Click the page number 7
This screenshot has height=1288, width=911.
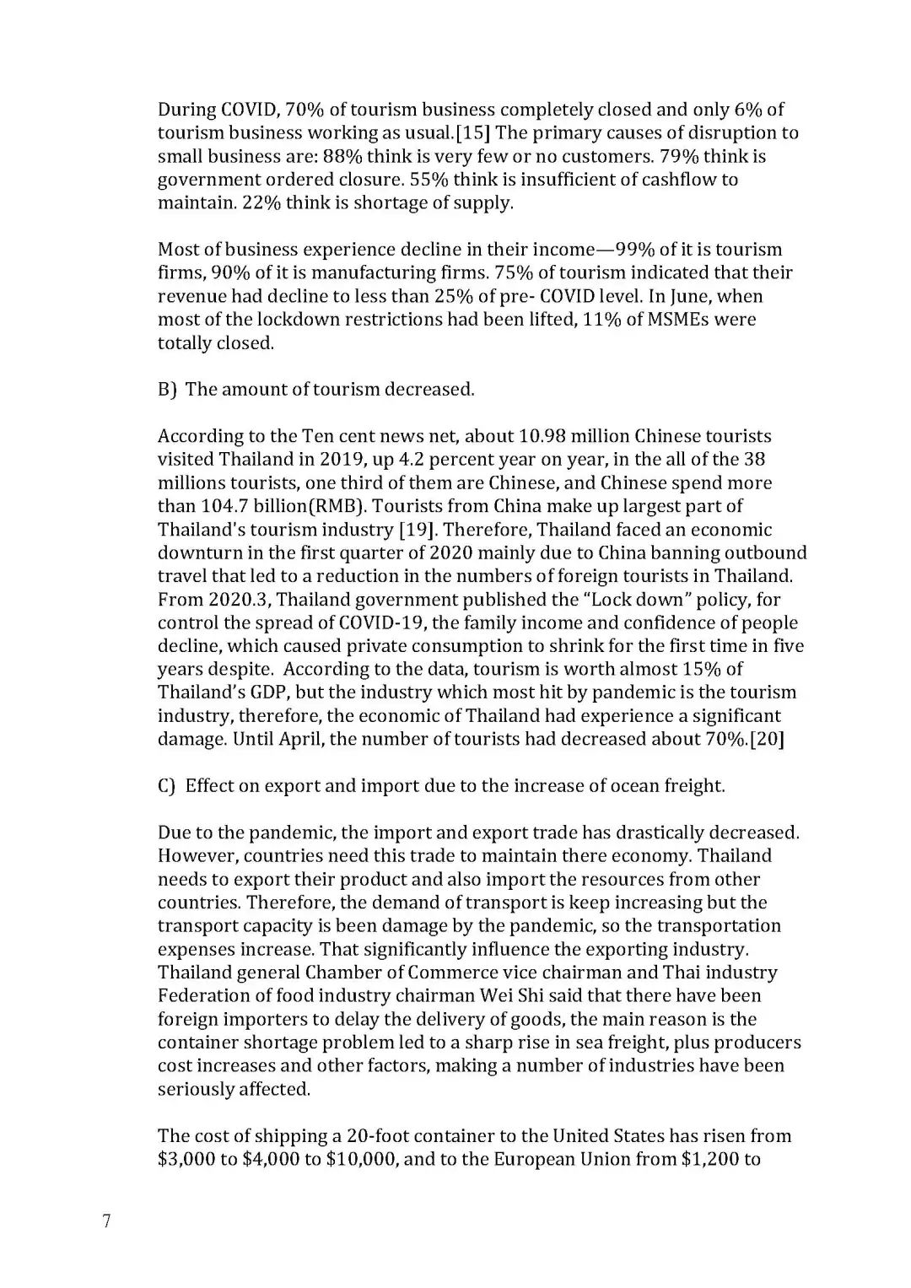pos(106,1221)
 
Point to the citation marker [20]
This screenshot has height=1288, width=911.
pos(768,740)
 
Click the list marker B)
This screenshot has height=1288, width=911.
pos(167,390)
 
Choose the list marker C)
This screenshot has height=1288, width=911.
pos(167,786)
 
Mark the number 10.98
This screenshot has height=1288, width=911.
pos(547,436)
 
